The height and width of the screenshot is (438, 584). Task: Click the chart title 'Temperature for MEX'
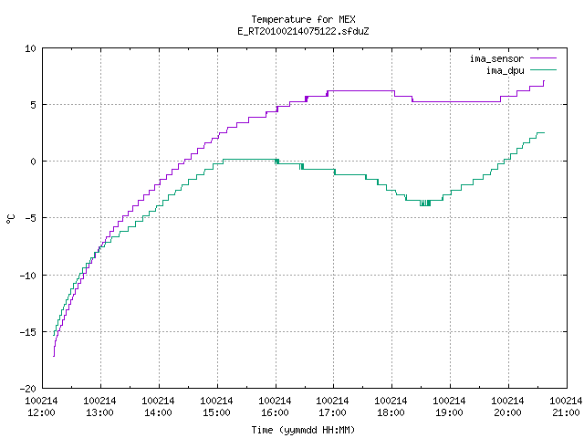pyautogui.click(x=303, y=19)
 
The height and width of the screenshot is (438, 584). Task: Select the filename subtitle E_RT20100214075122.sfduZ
pyautogui.click(x=303, y=31)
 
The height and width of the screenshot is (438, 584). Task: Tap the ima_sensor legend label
pyautogui.click(x=496, y=58)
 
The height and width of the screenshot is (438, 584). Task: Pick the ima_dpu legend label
pyautogui.click(x=505, y=70)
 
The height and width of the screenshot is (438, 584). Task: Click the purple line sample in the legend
pyautogui.click(x=544, y=58)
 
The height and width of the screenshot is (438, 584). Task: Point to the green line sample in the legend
pyautogui.click(x=544, y=70)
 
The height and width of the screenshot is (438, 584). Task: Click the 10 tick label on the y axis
pyautogui.click(x=30, y=48)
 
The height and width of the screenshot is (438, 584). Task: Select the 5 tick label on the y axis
pyautogui.click(x=33, y=105)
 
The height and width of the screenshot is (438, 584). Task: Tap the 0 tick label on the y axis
pyautogui.click(x=33, y=162)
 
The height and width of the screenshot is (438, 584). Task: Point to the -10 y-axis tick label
pyautogui.click(x=28, y=276)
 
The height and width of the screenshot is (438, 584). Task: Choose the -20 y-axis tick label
pyautogui.click(x=28, y=389)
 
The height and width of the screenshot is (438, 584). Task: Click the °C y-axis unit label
pyautogui.click(x=11, y=219)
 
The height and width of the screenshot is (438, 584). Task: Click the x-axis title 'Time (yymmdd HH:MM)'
pyautogui.click(x=303, y=430)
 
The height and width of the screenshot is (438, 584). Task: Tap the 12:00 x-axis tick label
pyautogui.click(x=42, y=412)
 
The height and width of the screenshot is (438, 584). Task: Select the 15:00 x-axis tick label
pyautogui.click(x=217, y=412)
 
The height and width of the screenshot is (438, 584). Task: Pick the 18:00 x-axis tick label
pyautogui.click(x=391, y=412)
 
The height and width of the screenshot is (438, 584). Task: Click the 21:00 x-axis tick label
pyautogui.click(x=566, y=412)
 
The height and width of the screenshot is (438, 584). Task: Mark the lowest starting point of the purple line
pyautogui.click(x=54, y=357)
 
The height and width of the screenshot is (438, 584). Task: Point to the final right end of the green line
pyautogui.click(x=544, y=132)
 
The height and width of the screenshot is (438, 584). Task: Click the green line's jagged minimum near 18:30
pyautogui.click(x=425, y=203)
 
